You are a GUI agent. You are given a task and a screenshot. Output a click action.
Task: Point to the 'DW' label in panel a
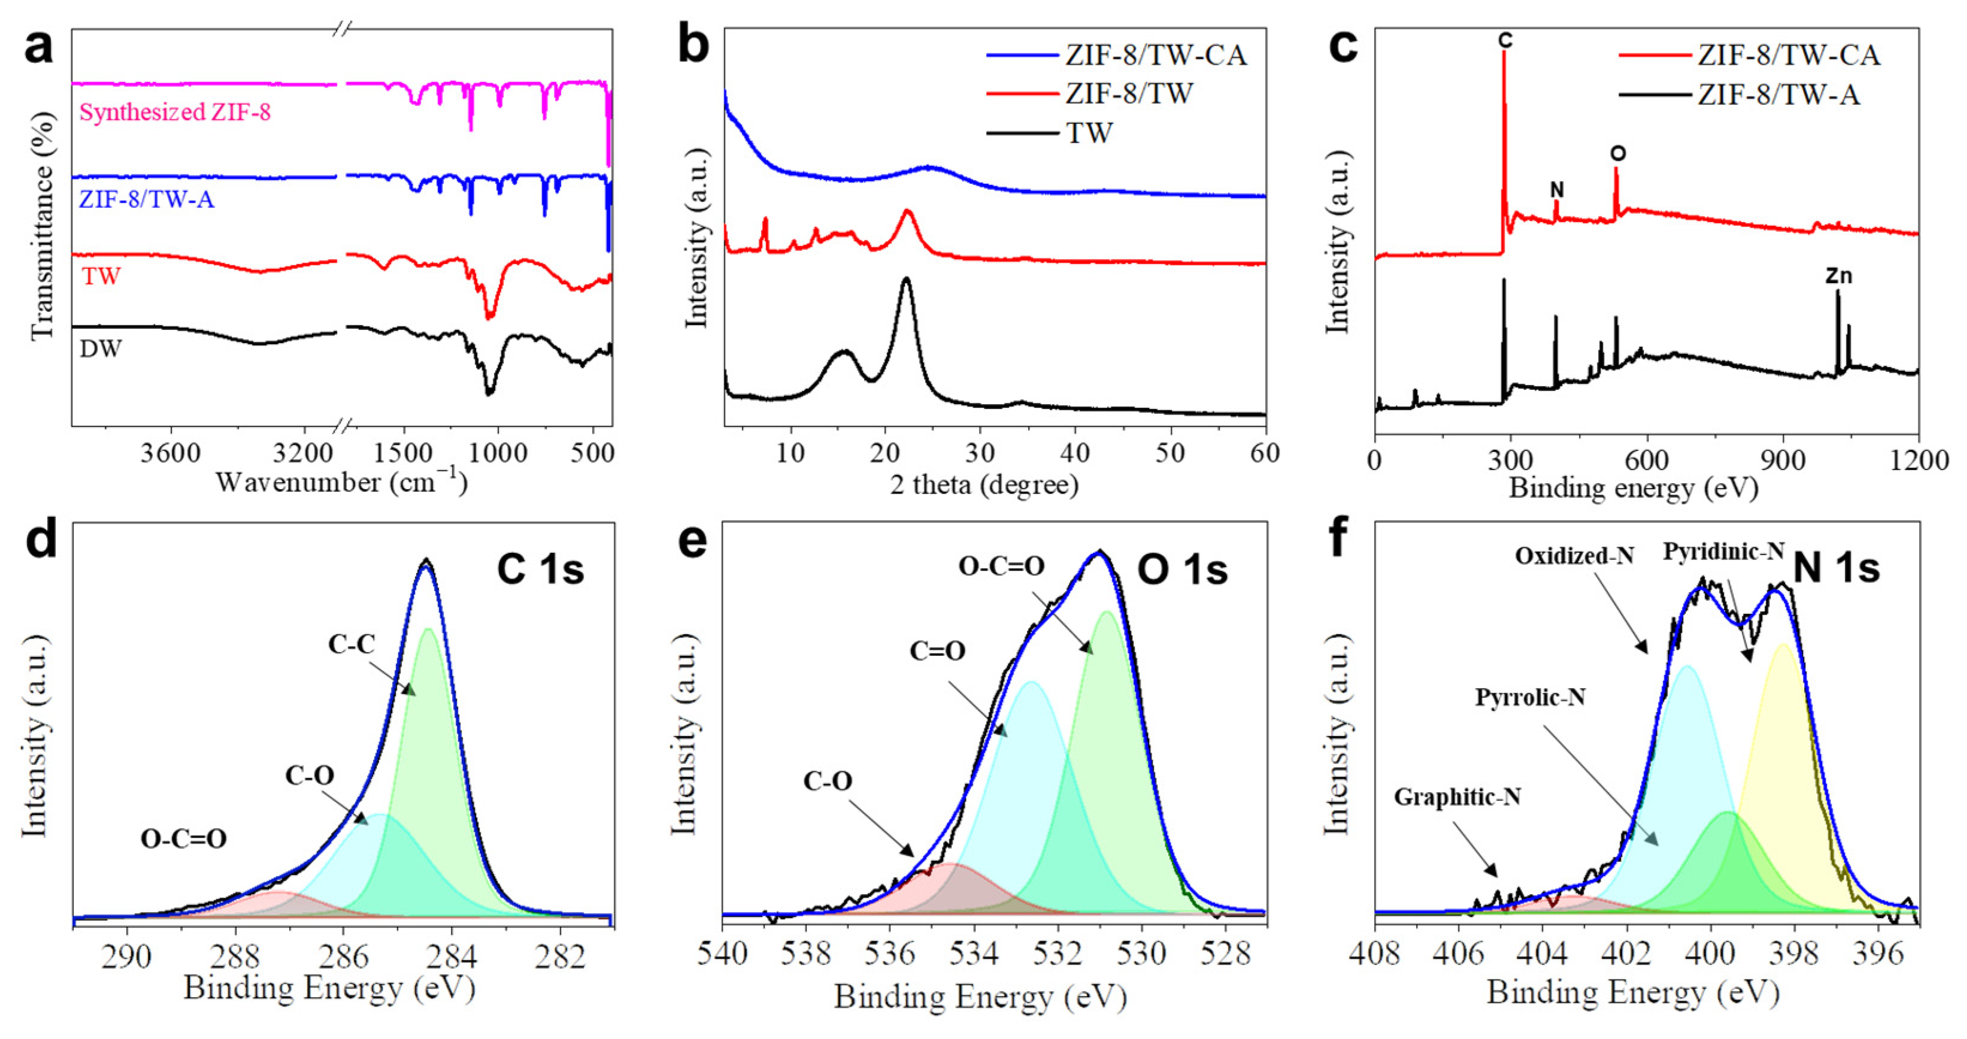coord(101,349)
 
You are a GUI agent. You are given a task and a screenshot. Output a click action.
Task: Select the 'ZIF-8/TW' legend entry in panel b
coord(1129,94)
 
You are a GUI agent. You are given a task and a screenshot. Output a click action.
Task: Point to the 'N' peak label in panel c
coord(1557,189)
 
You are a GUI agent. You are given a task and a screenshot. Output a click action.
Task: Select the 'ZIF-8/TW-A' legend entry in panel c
coord(1778,95)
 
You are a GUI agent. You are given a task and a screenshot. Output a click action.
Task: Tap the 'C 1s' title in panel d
coord(540,569)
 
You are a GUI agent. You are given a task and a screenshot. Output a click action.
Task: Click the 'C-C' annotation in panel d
coord(351,644)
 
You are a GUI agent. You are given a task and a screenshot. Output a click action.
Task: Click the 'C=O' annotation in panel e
coord(937,651)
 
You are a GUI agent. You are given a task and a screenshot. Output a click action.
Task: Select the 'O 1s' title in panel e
coord(1182,570)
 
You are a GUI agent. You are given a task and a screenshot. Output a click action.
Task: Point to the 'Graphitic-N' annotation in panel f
coord(1457,797)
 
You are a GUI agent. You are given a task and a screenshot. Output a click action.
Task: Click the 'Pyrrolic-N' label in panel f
coord(1529,697)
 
